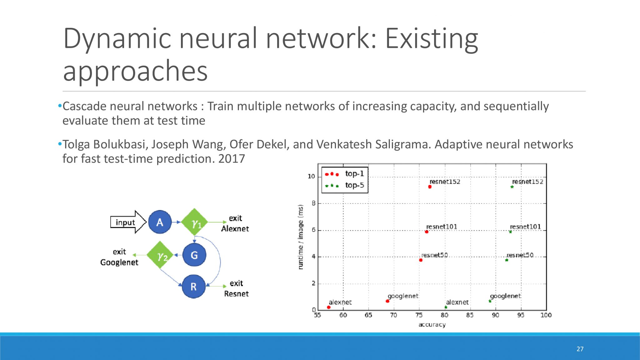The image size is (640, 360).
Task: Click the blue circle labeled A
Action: [160, 222]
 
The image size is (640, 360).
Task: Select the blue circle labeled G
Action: [194, 255]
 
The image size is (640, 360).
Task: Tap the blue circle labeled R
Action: [194, 286]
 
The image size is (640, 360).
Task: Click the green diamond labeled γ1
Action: [195, 222]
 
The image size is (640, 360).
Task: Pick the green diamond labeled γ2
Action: [160, 255]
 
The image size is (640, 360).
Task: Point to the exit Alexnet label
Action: [235, 223]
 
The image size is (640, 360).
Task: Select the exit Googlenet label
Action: [119, 257]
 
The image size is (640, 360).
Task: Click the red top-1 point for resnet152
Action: [430, 187]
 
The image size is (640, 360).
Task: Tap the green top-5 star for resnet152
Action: [512, 187]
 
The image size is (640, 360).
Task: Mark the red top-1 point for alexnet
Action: [328, 307]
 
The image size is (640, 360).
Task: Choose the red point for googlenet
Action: [387, 301]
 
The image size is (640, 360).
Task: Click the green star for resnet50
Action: [507, 260]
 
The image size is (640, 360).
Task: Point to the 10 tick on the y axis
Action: [311, 177]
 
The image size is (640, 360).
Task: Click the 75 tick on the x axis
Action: [419, 315]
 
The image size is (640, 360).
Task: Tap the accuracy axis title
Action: [432, 325]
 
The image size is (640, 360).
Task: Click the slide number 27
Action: [580, 349]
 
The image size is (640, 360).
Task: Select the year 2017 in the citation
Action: [232, 159]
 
